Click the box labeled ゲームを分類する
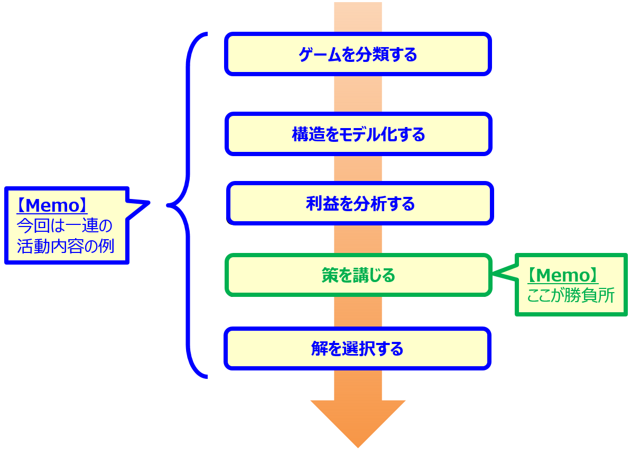(x=358, y=54)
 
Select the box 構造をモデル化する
(x=358, y=134)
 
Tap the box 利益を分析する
(x=360, y=203)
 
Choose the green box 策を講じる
(x=358, y=275)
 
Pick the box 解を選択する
(x=357, y=348)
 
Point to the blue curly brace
(x=188, y=205)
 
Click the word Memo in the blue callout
(x=51, y=205)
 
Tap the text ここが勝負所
(x=570, y=295)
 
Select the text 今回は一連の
(x=64, y=226)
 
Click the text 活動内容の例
(x=65, y=246)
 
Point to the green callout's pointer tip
(x=495, y=274)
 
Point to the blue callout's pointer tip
(x=149, y=203)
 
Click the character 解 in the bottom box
(x=319, y=349)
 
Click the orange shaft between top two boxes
(x=358, y=94)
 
